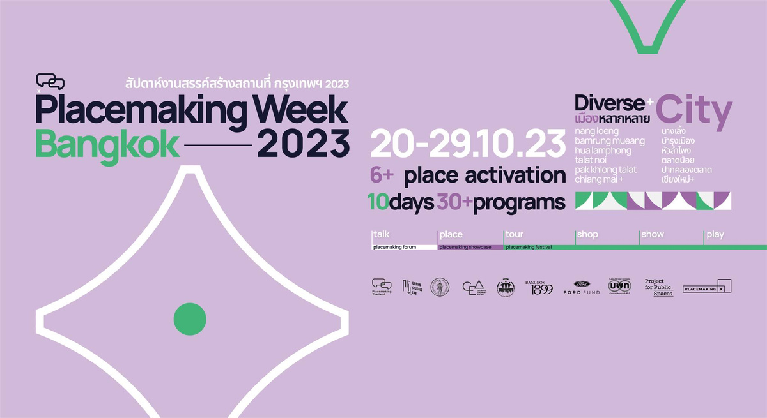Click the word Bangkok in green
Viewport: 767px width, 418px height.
107,145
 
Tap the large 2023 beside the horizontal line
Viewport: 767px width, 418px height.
304,144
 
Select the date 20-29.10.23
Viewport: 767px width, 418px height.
467,145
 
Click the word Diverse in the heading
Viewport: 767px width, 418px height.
610,103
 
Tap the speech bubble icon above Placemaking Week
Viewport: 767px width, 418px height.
50,82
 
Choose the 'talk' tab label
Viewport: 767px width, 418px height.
382,234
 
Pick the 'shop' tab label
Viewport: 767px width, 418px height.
587,234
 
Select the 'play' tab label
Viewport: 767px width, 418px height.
715,234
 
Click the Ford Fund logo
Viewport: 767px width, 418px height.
581,288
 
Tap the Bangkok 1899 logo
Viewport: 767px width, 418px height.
538,288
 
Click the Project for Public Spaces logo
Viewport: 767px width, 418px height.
659,288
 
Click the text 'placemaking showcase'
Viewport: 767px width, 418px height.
465,247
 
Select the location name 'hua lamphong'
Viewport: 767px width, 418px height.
603,150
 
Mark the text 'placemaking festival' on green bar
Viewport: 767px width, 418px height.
529,247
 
